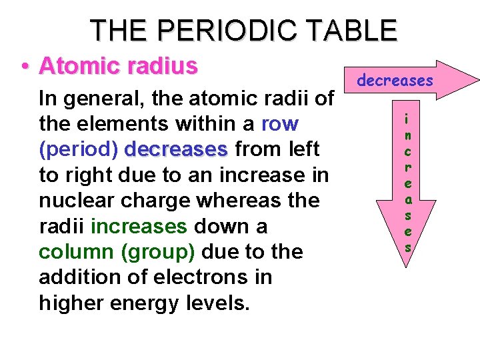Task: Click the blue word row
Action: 280,124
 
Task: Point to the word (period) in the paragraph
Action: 79,149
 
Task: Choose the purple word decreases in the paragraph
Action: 176,149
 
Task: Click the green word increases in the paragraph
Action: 139,226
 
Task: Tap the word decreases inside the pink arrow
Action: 395,81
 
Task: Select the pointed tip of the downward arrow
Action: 407,267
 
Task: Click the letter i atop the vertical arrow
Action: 407,119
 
